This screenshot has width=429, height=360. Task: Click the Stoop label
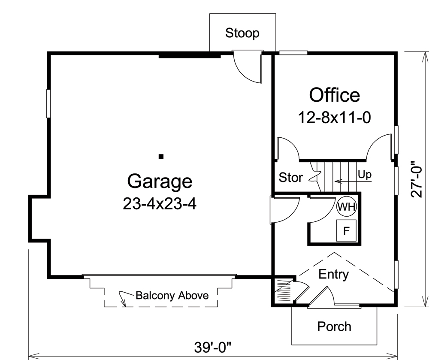click(x=242, y=33)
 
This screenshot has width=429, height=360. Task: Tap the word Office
click(x=335, y=95)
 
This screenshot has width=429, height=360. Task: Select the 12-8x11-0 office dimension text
click(x=334, y=117)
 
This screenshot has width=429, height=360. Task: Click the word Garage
click(x=160, y=181)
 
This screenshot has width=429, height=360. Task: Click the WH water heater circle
click(x=347, y=207)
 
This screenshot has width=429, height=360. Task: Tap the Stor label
click(x=291, y=177)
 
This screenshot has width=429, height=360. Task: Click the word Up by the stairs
click(x=365, y=175)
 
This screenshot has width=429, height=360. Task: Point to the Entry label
click(x=334, y=274)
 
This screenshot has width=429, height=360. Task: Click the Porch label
click(x=334, y=327)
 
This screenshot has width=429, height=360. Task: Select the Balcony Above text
click(x=172, y=295)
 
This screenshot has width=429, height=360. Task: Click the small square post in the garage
click(x=161, y=157)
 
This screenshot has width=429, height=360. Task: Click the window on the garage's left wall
click(x=48, y=103)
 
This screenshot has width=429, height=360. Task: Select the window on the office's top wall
click(x=293, y=53)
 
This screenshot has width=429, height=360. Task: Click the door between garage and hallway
click(x=283, y=210)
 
